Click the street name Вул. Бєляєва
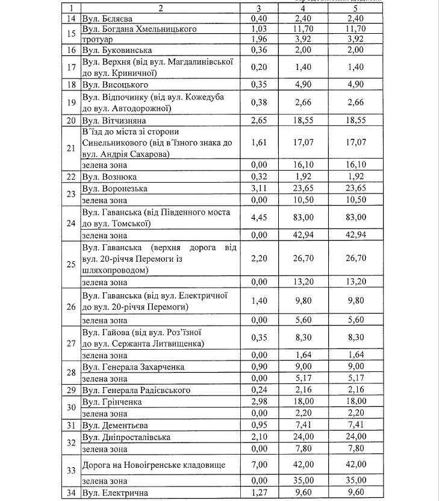click(x=110, y=19)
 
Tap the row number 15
click(x=71, y=34)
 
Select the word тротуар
click(x=98, y=39)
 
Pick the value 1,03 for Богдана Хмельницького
click(x=258, y=29)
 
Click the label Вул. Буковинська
click(x=117, y=50)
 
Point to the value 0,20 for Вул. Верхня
click(x=258, y=67)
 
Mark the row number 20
click(x=71, y=121)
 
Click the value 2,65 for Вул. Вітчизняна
click(x=258, y=121)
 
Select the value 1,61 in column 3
click(x=258, y=143)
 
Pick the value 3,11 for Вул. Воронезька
click(x=258, y=188)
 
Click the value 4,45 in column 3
click(x=258, y=217)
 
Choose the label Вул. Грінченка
click(x=113, y=402)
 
